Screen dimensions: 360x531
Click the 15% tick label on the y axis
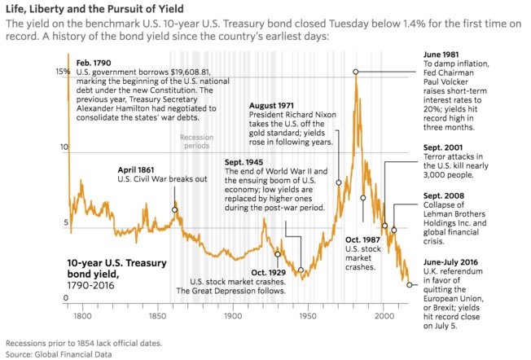pos(60,72)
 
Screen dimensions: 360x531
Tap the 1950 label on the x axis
pos(309,314)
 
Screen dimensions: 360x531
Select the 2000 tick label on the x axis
pos(384,314)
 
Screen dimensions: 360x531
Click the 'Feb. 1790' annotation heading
pos(95,63)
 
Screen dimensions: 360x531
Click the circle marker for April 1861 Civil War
pos(174,209)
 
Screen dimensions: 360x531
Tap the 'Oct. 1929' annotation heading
pos(269,271)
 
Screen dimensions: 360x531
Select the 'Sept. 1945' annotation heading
pos(248,162)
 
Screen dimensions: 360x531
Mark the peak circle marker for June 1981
pos(355,72)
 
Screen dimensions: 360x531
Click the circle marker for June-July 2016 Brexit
pos(409,285)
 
